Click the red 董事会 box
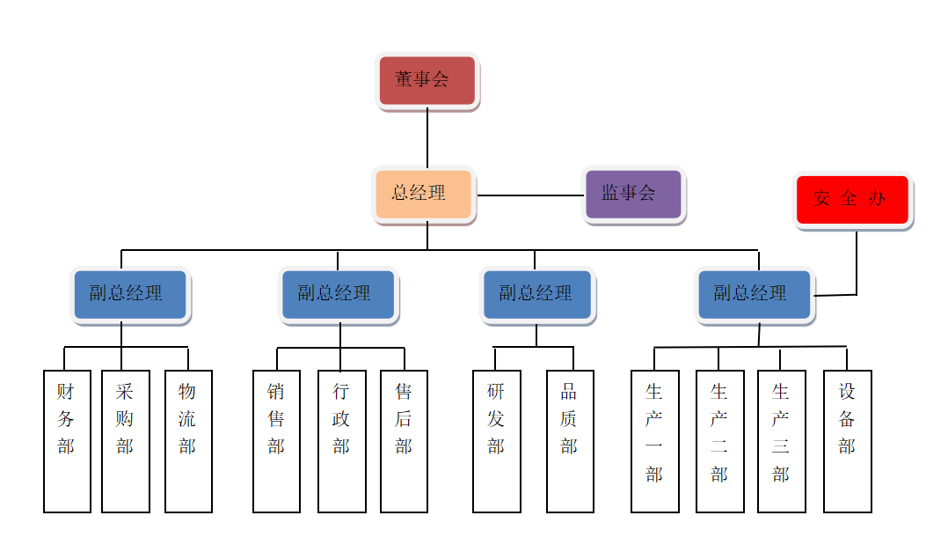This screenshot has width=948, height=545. pyautogui.click(x=427, y=80)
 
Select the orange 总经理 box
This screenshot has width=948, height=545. pyautogui.click(x=424, y=194)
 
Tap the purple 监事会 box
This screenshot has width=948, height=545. pyautogui.click(x=633, y=194)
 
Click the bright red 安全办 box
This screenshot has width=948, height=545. pyautogui.click(x=852, y=200)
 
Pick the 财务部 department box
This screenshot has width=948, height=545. pyautogui.click(x=67, y=440)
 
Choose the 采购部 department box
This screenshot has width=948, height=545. pyautogui.click(x=125, y=440)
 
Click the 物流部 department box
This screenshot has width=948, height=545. pyautogui.click(x=188, y=440)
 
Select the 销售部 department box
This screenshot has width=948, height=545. pyautogui.click(x=276, y=440)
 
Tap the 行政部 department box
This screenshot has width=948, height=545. pyautogui.click(x=341, y=440)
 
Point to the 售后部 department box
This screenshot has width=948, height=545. pyautogui.click(x=404, y=440)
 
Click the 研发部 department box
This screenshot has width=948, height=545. pyautogui.click(x=496, y=440)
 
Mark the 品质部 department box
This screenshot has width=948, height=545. pyautogui.click(x=570, y=440)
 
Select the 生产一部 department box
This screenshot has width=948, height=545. pyautogui.click(x=654, y=440)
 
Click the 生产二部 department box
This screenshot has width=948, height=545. pyautogui.click(x=719, y=440)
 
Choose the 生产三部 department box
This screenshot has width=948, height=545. pyautogui.click(x=781, y=440)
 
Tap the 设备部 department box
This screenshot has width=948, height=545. pyautogui.click(x=847, y=440)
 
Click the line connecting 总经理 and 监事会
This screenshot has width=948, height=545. pyautogui.click(x=530, y=195)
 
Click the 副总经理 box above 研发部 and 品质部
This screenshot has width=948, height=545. pyautogui.click(x=536, y=294)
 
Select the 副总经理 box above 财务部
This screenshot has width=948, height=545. pyautogui.click(x=129, y=294)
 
